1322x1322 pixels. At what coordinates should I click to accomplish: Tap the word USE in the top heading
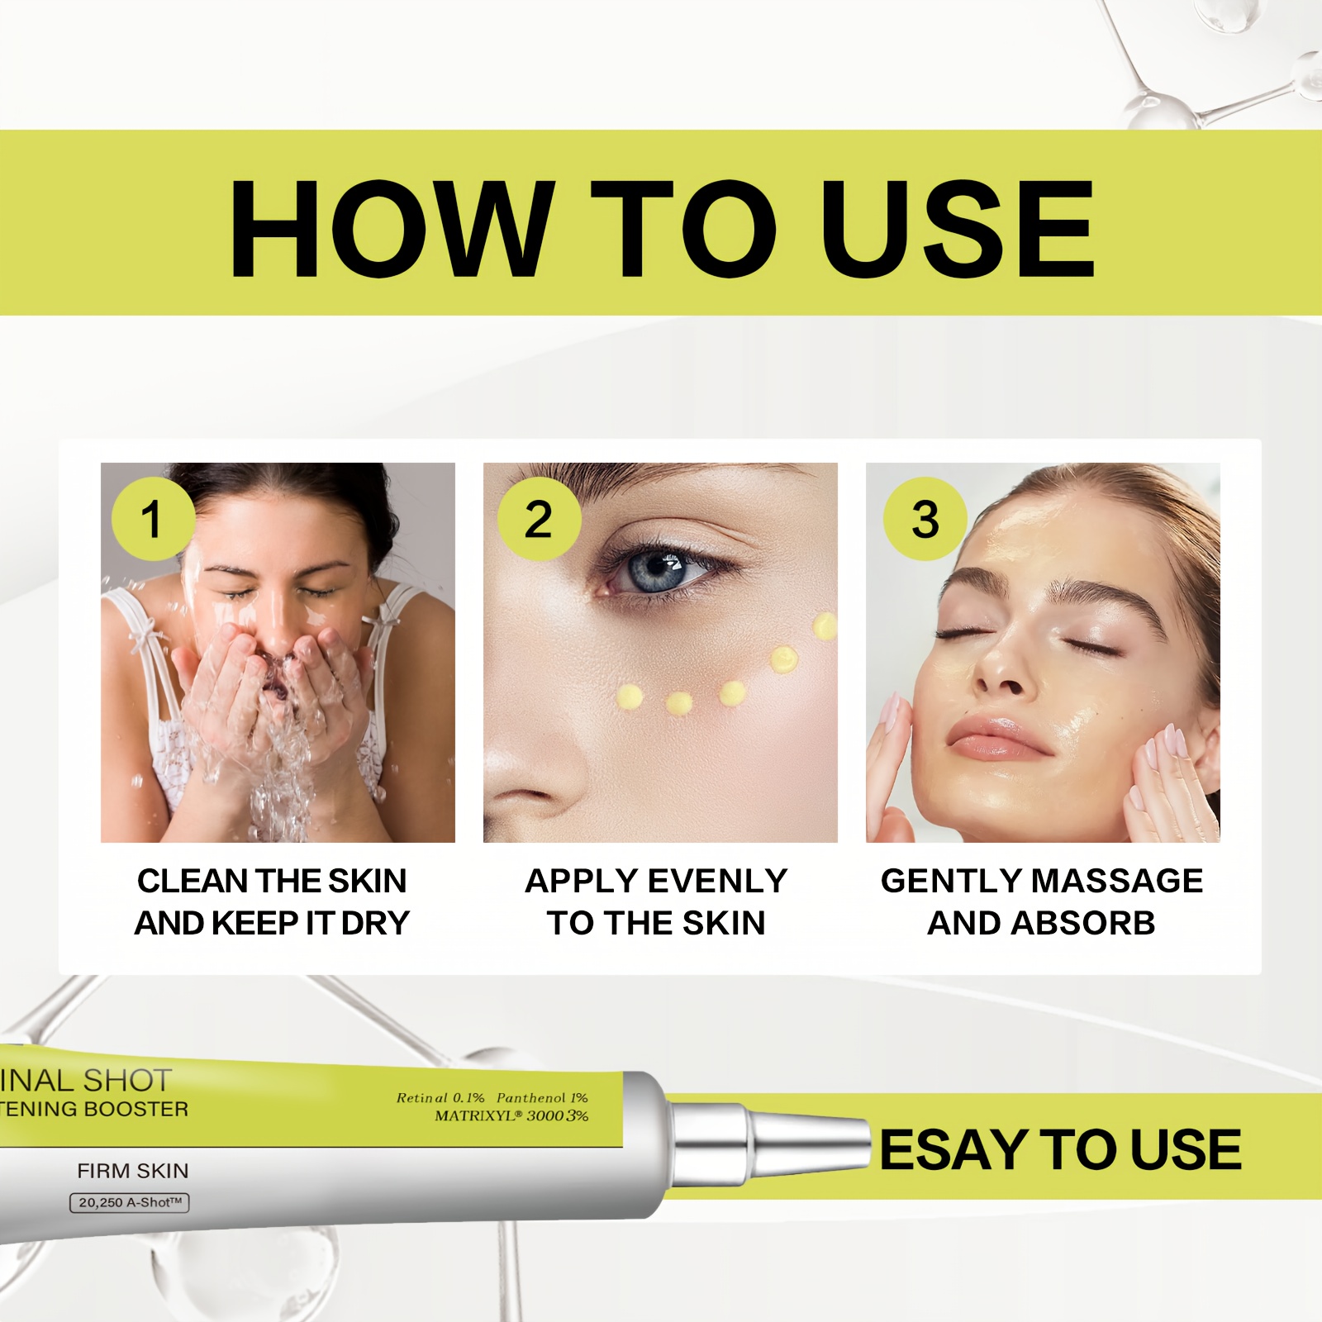(958, 229)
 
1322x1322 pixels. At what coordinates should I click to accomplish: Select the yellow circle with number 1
(154, 519)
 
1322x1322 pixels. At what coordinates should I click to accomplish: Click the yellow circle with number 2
(540, 519)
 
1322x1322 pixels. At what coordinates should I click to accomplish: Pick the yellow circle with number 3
(925, 519)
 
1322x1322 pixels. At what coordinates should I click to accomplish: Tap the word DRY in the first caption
(376, 923)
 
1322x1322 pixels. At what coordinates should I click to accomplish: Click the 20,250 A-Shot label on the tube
(130, 1203)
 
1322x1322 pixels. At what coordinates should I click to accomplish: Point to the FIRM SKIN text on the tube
(133, 1171)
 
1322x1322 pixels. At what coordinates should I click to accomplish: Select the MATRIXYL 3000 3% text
(511, 1116)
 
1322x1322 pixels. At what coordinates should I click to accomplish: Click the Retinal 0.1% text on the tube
(440, 1098)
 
